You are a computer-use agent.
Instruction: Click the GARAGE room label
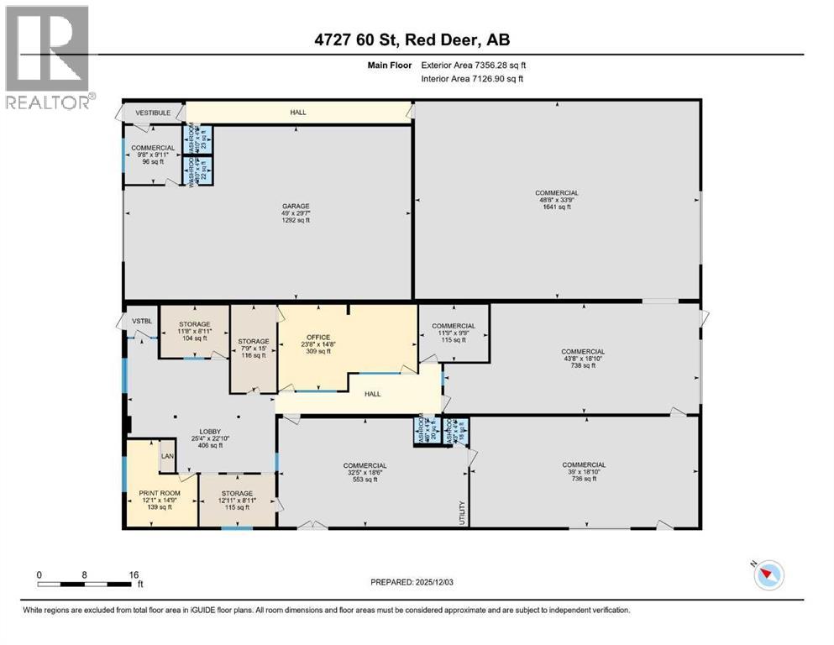296,206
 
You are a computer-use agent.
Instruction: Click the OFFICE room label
318,337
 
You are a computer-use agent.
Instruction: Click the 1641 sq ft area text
557,207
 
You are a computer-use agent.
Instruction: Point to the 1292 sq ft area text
296,222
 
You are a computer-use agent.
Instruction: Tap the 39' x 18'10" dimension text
584,473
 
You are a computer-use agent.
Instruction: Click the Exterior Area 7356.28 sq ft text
475,65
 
